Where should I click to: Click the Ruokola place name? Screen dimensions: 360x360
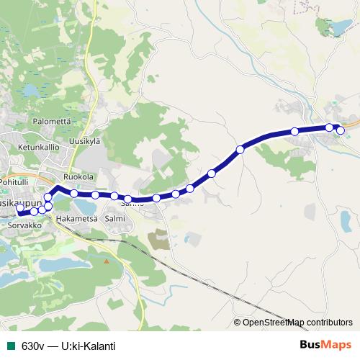[x=78, y=176]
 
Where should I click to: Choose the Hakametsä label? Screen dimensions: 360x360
[x=76, y=217]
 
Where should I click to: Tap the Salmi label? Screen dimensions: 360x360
[x=115, y=217]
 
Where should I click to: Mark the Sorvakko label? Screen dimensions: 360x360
[x=24, y=225]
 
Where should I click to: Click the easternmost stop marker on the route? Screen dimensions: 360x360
[x=341, y=130]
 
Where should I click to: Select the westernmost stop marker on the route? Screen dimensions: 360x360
[x=22, y=210]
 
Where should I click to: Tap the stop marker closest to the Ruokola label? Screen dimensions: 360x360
[x=74, y=193]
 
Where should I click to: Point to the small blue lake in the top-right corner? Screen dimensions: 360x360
[x=336, y=28]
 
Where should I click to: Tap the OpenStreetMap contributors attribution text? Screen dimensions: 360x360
[x=297, y=322]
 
